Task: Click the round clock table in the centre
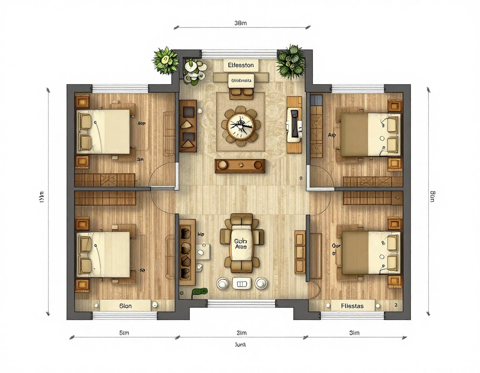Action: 240,126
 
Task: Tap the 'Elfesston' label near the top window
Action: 241,65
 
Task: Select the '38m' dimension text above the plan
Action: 241,23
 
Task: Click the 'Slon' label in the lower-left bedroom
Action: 125,306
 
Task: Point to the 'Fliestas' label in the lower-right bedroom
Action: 352,306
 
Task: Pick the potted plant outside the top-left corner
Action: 165,60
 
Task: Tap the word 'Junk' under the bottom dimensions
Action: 241,345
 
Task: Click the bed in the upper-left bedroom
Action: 104,131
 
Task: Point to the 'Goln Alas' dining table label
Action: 241,244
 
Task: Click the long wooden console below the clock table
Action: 240,166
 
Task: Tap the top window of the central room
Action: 239,54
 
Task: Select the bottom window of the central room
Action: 241,303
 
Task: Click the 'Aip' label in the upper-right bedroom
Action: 332,135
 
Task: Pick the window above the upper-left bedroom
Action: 120,88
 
